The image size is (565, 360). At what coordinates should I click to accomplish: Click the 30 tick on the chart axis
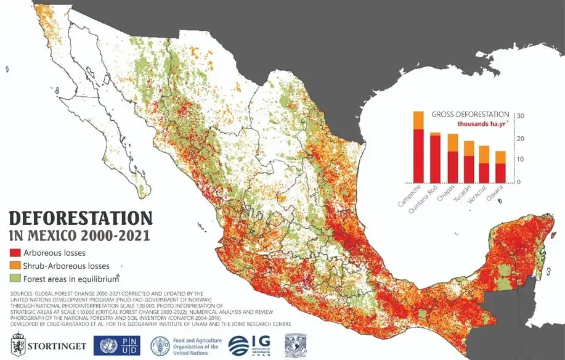point(520,117)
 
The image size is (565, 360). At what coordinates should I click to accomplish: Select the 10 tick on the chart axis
point(520,160)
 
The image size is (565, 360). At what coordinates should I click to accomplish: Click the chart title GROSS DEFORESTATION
point(470,115)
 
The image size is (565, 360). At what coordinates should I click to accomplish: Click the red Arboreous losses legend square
point(14,253)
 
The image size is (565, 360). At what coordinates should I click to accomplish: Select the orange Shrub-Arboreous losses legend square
point(14,266)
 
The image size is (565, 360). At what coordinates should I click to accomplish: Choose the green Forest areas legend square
point(14,279)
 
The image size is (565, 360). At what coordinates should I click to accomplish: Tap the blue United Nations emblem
point(103,345)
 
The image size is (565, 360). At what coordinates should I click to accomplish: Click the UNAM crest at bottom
point(292,344)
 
